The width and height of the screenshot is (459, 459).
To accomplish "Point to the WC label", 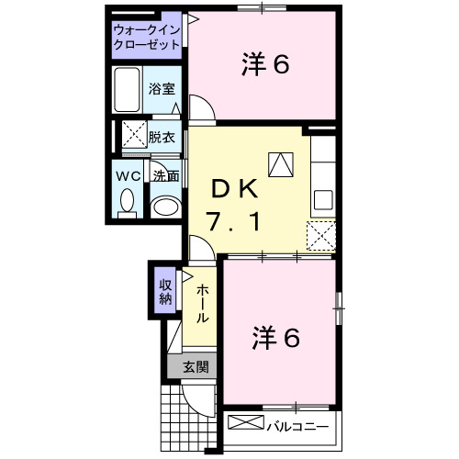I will tap(128, 175).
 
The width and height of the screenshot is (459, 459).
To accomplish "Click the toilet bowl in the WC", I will tap(128, 201).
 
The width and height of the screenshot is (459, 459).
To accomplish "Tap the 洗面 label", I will tap(166, 175).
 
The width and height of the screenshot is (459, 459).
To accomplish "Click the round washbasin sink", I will tap(164, 206).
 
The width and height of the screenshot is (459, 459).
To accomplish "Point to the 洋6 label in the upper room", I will tap(266, 63).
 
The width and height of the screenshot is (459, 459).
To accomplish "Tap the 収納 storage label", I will tap(165, 290).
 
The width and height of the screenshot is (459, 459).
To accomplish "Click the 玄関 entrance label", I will tap(195, 367).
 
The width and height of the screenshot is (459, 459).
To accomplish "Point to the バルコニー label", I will tap(297, 426).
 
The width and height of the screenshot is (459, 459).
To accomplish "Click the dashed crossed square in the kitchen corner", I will tap(322, 237).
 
